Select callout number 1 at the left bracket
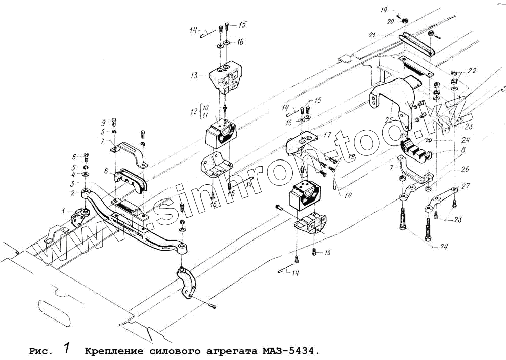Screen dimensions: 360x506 pyautogui.click(x=64, y=210)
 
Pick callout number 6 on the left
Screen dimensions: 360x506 pyautogui.click(x=74, y=156)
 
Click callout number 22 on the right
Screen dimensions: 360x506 pyautogui.click(x=472, y=70)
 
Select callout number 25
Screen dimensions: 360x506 pyautogui.click(x=389, y=121)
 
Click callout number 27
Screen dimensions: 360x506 pyautogui.click(x=465, y=186)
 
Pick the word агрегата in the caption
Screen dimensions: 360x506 pyautogui.click(x=230, y=351)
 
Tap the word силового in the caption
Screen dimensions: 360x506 pyautogui.click(x=171, y=351)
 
